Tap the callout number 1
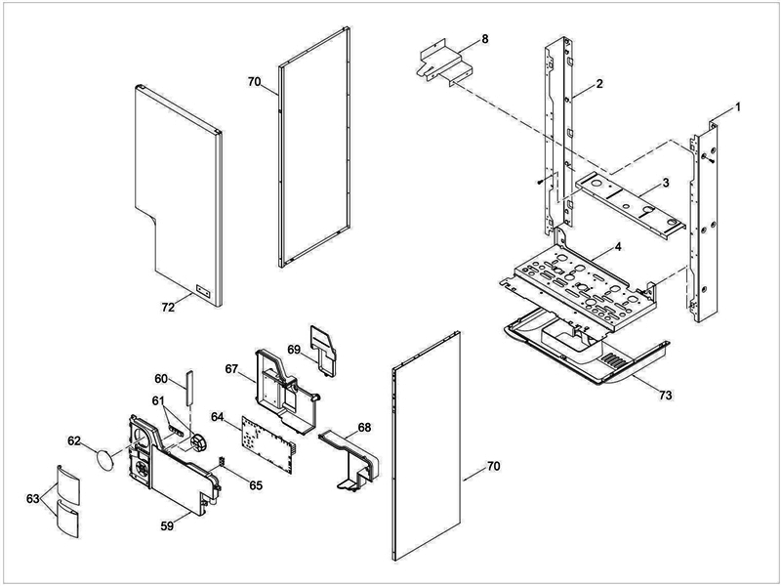[738, 105]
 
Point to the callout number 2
[599, 84]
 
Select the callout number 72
[168, 307]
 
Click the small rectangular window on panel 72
[203, 290]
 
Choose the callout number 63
[33, 499]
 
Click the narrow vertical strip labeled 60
[190, 388]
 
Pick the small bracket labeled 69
[322, 344]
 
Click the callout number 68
[363, 427]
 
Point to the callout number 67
[231, 369]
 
